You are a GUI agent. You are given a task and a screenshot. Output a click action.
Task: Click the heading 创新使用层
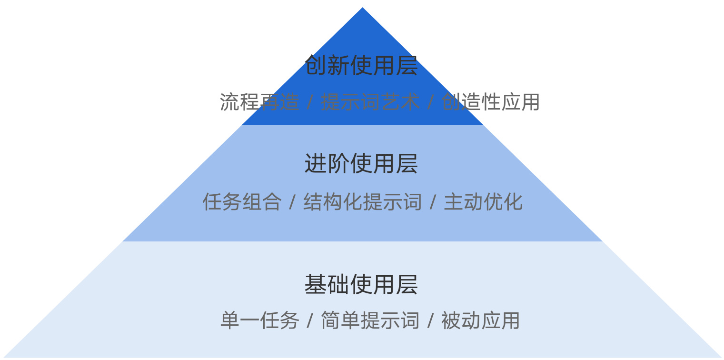(x=361, y=66)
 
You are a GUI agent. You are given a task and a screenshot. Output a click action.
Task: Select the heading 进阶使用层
(x=361, y=164)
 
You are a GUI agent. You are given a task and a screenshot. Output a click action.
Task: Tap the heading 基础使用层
(x=361, y=285)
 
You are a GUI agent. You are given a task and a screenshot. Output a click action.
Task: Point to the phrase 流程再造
(x=259, y=102)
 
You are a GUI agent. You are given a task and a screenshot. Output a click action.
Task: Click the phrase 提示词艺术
(x=370, y=102)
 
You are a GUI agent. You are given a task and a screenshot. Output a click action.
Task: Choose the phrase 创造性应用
(x=491, y=102)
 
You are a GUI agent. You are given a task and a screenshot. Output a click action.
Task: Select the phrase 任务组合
(x=242, y=202)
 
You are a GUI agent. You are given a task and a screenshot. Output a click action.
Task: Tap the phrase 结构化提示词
(x=363, y=202)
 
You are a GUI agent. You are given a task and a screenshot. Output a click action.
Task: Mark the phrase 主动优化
(x=483, y=202)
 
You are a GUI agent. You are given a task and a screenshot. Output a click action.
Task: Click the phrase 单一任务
(x=259, y=320)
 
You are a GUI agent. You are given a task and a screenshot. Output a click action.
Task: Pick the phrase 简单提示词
(x=370, y=320)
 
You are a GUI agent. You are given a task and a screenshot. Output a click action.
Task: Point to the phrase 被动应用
(x=481, y=320)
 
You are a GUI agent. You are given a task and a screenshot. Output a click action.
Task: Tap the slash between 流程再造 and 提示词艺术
(x=310, y=102)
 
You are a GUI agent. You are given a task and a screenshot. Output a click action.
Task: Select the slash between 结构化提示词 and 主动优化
(x=433, y=202)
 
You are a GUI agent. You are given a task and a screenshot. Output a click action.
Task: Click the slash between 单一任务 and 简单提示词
(x=310, y=321)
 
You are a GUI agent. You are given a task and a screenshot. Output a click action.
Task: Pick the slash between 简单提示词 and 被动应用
(x=430, y=321)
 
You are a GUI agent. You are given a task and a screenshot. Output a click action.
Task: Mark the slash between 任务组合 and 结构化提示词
(x=292, y=202)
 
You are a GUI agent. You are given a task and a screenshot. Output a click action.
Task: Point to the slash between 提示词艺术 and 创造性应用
(x=430, y=102)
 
